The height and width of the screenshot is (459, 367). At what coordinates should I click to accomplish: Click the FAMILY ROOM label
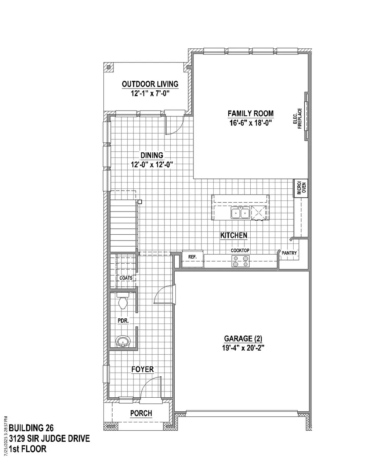251,113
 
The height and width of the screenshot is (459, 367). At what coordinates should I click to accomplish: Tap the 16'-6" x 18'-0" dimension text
251,123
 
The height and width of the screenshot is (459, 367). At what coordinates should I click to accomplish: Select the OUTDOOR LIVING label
150,84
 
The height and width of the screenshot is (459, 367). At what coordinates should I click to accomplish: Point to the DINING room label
152,155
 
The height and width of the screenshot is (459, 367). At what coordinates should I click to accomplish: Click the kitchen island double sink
240,213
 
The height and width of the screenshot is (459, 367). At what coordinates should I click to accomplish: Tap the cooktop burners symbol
240,261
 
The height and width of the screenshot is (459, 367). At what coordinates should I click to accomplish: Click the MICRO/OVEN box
301,188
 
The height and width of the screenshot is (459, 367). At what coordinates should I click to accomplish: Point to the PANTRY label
289,253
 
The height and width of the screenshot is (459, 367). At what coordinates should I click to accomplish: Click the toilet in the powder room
123,300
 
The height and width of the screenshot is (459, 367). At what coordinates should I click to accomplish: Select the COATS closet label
126,278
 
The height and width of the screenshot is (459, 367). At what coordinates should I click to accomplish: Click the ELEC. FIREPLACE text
298,118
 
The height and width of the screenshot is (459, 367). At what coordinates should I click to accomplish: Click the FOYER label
142,369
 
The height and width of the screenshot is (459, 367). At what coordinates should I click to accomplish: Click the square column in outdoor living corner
109,68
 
